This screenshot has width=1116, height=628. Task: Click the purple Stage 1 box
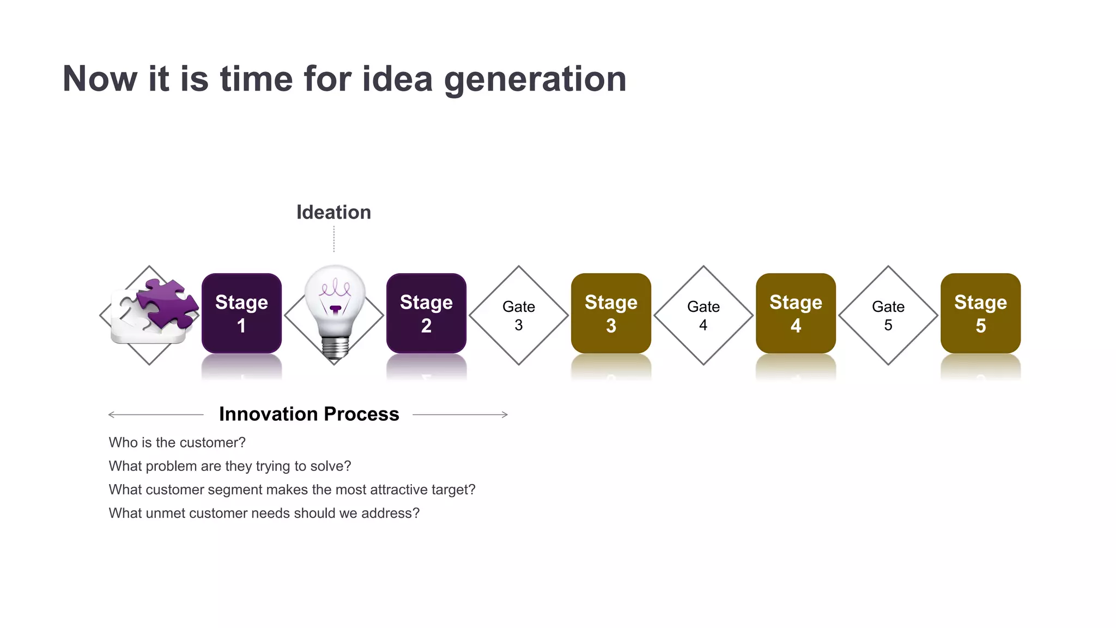coord(241,313)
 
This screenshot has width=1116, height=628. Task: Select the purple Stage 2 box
coord(426,313)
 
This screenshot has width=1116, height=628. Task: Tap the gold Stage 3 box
coord(611,313)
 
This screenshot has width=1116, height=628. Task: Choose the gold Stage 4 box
coord(796,313)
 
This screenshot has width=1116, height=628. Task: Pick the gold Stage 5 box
coord(980,313)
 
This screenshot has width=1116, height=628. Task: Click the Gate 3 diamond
coord(518,315)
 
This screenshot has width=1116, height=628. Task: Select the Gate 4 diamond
coord(703,315)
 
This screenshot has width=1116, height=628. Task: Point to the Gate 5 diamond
coord(888,315)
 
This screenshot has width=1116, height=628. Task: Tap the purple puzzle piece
coord(168,303)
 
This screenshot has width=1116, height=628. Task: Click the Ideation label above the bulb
coord(333,212)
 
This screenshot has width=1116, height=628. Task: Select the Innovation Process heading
coord(309,414)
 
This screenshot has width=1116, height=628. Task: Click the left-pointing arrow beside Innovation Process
coord(155,415)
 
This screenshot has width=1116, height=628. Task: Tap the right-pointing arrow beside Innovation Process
coord(460,415)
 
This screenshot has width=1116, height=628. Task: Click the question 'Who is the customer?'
coord(177,443)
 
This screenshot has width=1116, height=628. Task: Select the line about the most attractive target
coord(292,490)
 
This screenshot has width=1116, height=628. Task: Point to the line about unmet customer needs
coord(264,514)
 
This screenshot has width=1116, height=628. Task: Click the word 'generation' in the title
coord(535,79)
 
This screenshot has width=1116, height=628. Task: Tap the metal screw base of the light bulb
coord(335,347)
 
